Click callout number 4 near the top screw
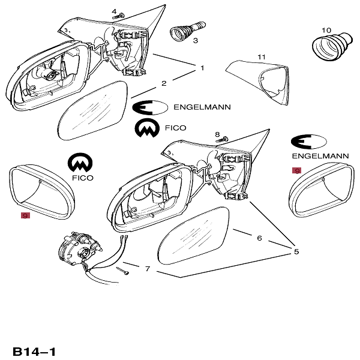coord(114,11)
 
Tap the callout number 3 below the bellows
coord(195,41)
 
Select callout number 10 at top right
coord(326,29)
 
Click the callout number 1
coord(202,68)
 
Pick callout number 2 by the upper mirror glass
coord(163,83)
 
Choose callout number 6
coord(259,238)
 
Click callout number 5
coord(296,251)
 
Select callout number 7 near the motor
coord(148,268)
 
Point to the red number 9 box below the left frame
coord(25,215)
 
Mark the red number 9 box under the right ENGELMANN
coord(296,170)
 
